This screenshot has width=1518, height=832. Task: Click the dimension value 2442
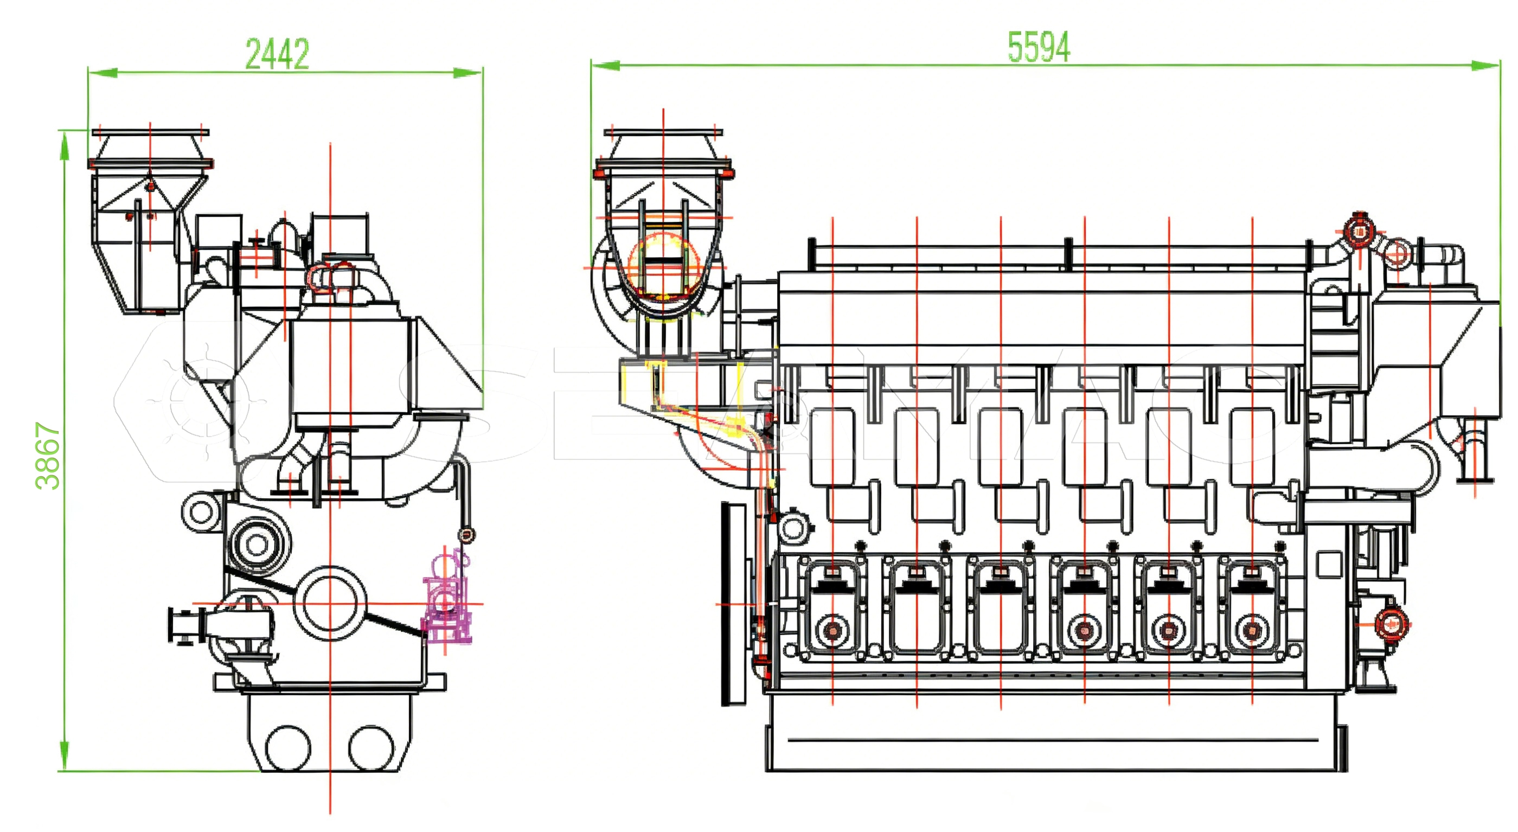pos(277,54)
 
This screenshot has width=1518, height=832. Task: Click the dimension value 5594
pos(1039,47)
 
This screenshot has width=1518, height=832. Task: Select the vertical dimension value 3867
pos(48,456)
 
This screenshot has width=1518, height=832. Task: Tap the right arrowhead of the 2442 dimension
pos(468,73)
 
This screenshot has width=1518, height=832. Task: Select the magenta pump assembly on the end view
pos(446,601)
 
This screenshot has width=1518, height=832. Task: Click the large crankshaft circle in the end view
pos(330,603)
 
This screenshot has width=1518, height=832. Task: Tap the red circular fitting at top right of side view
pos(1359,232)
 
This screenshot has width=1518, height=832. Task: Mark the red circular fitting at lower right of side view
pos(1391,623)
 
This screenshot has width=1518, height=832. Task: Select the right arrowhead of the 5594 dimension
pos(1485,65)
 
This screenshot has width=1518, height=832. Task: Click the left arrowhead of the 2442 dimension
pos(103,73)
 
